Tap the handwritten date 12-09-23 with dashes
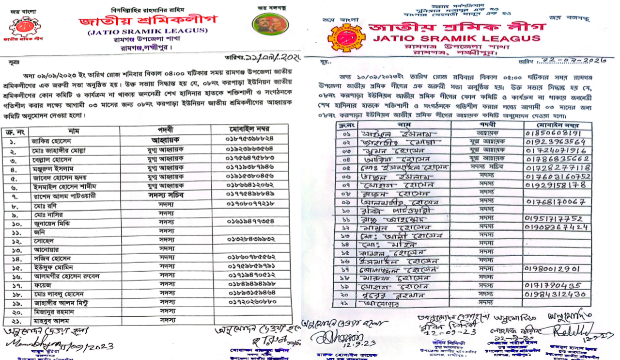coord(446,334)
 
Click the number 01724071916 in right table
coord(553,150)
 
